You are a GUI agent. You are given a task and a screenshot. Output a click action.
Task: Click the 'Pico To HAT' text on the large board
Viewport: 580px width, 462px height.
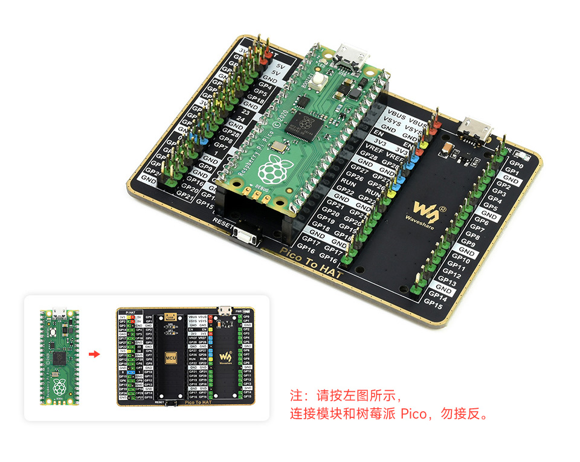[311, 265]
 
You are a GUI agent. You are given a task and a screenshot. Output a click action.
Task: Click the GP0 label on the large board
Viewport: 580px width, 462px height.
[516, 163]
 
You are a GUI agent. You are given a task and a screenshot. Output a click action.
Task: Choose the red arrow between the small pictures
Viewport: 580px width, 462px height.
[94, 354]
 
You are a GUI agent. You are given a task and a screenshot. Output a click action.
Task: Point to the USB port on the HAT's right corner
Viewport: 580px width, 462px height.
[476, 128]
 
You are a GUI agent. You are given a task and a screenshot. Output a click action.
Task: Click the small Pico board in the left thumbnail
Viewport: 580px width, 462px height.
[59, 356]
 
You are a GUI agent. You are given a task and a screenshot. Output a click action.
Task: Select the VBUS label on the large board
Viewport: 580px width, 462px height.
[396, 113]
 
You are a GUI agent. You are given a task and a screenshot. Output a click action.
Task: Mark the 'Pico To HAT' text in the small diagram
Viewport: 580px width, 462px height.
[198, 402]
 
